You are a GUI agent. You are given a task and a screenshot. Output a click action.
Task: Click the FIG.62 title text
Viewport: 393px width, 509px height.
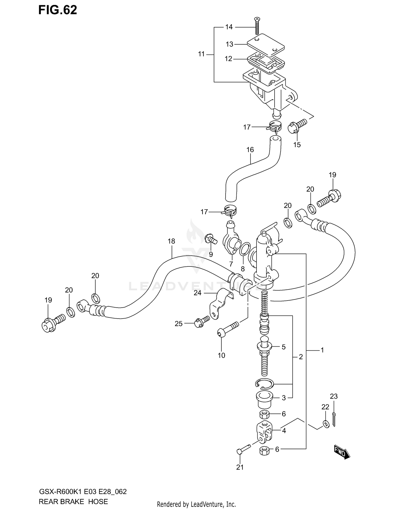(x=58, y=10)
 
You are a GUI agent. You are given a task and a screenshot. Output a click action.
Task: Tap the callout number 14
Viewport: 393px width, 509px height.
(x=229, y=27)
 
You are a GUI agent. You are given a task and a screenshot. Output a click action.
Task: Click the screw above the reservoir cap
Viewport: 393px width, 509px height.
(x=257, y=26)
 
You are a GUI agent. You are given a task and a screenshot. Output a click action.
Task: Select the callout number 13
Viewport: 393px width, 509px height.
(x=230, y=44)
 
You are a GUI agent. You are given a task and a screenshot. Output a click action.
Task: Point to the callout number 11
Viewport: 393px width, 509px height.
(x=201, y=54)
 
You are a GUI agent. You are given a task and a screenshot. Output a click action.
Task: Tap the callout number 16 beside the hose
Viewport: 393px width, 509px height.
(x=250, y=150)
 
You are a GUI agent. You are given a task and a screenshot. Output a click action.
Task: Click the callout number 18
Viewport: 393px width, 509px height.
(x=171, y=241)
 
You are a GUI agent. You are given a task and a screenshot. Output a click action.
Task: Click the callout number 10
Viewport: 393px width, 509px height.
(x=221, y=355)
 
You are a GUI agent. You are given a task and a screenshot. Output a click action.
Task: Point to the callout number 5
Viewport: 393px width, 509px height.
(x=283, y=347)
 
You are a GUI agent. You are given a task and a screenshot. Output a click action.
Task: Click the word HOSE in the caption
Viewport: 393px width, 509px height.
(x=98, y=502)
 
